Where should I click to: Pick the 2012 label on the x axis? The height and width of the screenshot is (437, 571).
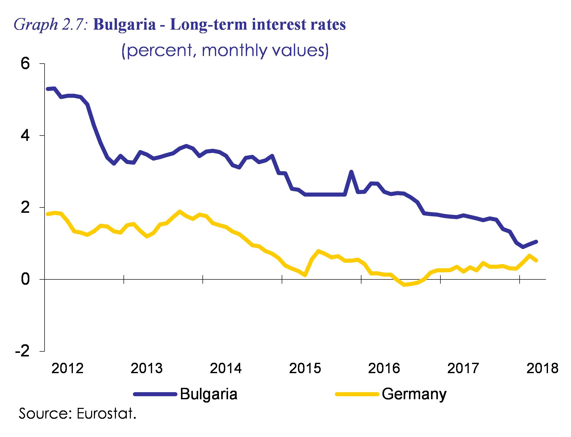click(x=68, y=369)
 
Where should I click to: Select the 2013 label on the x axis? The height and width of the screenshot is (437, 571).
click(x=147, y=369)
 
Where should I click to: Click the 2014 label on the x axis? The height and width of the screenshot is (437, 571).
click(x=226, y=369)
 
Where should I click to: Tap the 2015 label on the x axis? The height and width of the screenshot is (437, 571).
click(x=305, y=369)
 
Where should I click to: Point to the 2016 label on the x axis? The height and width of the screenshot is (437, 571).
click(x=384, y=369)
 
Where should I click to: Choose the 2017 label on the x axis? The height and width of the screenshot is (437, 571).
click(x=463, y=369)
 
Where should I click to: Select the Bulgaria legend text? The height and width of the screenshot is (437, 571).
click(x=209, y=394)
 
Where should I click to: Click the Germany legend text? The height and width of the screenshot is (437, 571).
click(x=414, y=394)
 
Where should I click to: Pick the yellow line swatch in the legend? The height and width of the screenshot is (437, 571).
click(x=356, y=394)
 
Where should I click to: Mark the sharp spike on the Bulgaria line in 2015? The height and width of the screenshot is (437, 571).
click(x=351, y=172)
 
